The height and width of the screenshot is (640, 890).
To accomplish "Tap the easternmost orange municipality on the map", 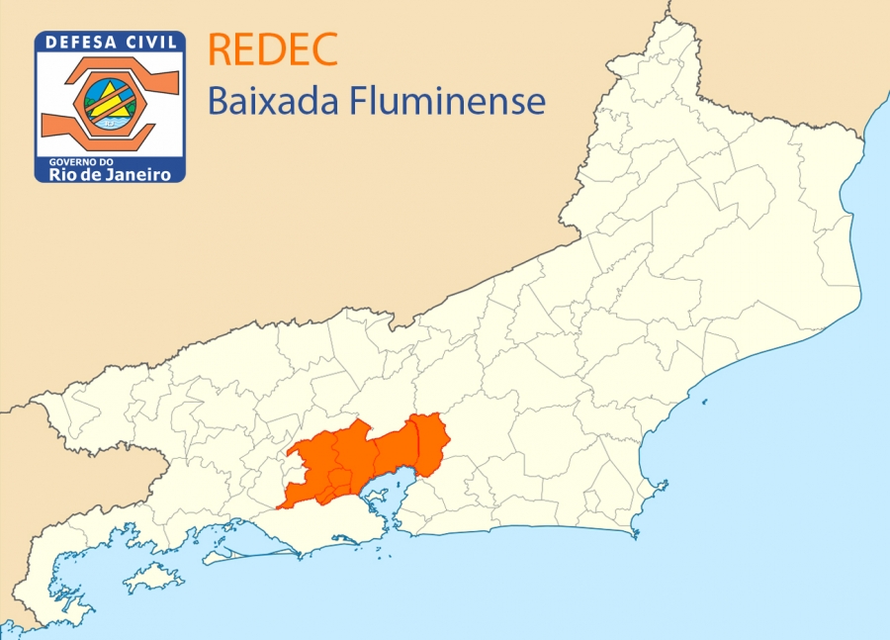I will [x=431, y=442].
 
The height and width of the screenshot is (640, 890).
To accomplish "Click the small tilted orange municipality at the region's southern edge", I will [x=339, y=483].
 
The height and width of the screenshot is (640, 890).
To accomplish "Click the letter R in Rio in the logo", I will [x=56, y=174].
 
